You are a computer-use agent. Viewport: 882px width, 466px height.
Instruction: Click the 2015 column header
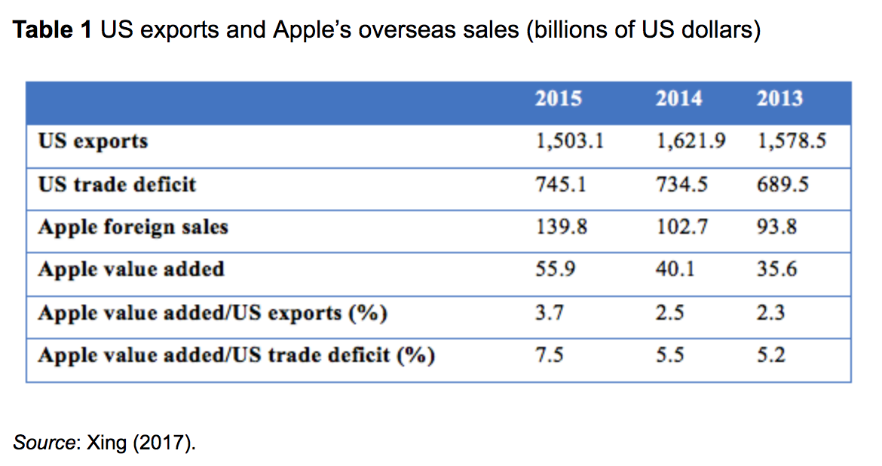coord(558,99)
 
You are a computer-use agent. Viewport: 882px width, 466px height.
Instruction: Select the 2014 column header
coord(678,99)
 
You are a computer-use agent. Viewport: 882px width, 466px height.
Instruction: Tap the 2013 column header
coord(779,99)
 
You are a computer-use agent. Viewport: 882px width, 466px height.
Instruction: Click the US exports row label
coord(93,141)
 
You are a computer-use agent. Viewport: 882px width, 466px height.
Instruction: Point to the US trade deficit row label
coord(117,184)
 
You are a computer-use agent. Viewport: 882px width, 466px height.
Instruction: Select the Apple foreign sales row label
coord(133,226)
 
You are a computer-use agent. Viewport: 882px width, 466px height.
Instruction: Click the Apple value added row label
coord(131,268)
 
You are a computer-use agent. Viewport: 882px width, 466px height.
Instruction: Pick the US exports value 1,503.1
coord(569,141)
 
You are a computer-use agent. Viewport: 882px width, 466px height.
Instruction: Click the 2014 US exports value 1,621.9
coord(691,141)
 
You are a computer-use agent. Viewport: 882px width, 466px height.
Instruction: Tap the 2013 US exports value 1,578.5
coord(792,141)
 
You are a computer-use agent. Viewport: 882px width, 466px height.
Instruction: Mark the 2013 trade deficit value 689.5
coord(782,184)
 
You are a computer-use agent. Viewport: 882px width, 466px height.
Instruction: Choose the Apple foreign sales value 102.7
coord(681,226)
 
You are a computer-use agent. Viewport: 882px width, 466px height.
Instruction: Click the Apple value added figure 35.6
coord(777,268)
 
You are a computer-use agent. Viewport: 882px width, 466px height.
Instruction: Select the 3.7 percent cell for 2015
coord(549,311)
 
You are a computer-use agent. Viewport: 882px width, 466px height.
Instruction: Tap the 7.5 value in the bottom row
coord(549,354)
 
